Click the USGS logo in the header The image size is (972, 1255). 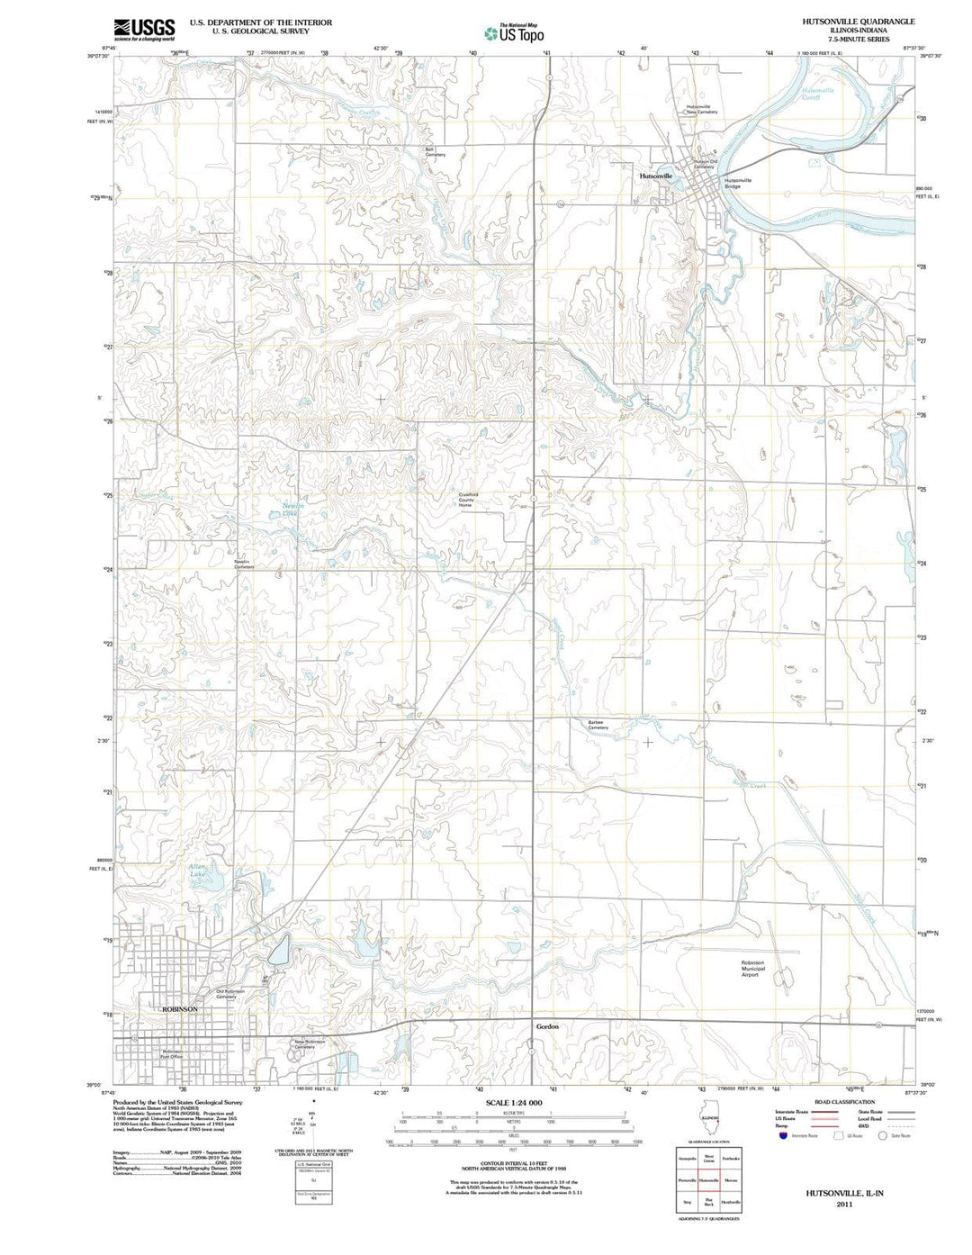(x=144, y=29)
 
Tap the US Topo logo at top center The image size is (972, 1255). (x=514, y=33)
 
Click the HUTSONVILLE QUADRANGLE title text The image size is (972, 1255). (x=846, y=21)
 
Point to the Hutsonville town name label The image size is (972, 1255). (x=655, y=176)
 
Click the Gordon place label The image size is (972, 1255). (x=547, y=1026)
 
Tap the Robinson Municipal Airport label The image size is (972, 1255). (x=752, y=968)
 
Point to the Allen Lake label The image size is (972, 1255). (x=197, y=870)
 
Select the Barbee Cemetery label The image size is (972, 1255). (x=598, y=725)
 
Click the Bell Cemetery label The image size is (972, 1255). (x=435, y=152)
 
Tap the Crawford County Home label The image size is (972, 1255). (x=465, y=500)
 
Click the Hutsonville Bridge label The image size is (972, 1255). (x=737, y=183)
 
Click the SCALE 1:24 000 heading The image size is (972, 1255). (x=513, y=1103)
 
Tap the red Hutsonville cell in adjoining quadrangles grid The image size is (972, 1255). (x=708, y=1179)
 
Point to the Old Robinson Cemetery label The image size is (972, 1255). (x=230, y=994)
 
